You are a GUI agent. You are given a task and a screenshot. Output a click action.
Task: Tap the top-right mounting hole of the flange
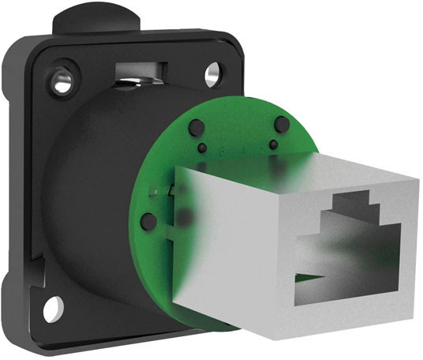tap(213, 76)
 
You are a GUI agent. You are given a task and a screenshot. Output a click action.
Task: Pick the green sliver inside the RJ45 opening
tap(314, 276)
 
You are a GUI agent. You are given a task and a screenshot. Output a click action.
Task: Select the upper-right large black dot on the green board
tap(280, 124)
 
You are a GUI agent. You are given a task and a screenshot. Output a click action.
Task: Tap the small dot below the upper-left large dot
tap(203, 148)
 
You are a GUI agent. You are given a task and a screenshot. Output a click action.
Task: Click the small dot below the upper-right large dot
tap(274, 144)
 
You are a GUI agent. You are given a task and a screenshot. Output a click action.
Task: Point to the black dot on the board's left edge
tap(147, 221)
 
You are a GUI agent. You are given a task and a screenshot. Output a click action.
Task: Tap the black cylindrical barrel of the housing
tap(87, 197)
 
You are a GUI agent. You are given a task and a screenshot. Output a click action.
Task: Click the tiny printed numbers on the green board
tap(237, 148)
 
